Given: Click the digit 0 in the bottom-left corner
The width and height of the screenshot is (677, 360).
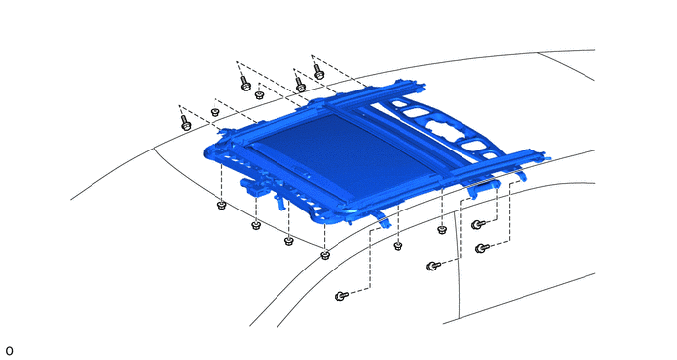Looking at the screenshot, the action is (x=9, y=351).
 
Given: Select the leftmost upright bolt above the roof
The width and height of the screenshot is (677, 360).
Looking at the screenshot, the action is (x=185, y=122).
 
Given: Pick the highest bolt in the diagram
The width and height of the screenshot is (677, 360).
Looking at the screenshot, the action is (x=318, y=72).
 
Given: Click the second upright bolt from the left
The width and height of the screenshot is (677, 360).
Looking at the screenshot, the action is (x=245, y=84).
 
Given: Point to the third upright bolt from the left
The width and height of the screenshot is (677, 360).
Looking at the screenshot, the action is (x=300, y=85).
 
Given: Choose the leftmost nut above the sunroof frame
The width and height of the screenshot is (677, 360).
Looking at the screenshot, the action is (x=215, y=113).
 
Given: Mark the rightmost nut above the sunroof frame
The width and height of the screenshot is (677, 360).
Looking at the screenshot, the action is (x=259, y=95).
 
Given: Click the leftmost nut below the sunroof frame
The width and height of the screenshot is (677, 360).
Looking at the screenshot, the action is (x=221, y=205).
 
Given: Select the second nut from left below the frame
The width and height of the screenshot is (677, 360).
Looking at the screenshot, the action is (x=256, y=226).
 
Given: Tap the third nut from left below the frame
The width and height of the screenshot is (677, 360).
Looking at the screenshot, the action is (x=289, y=241).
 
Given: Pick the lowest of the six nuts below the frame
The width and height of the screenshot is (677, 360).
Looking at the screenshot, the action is (x=325, y=255).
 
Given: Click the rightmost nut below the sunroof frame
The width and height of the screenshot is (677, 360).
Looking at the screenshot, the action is (x=441, y=230).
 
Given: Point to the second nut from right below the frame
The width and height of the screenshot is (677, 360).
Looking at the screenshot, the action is (x=398, y=246).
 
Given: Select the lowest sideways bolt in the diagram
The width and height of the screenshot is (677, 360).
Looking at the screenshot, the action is (x=341, y=296).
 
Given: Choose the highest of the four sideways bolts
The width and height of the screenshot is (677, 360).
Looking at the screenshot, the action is (x=478, y=224).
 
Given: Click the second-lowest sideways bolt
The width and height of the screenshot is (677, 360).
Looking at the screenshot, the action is (x=433, y=266).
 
